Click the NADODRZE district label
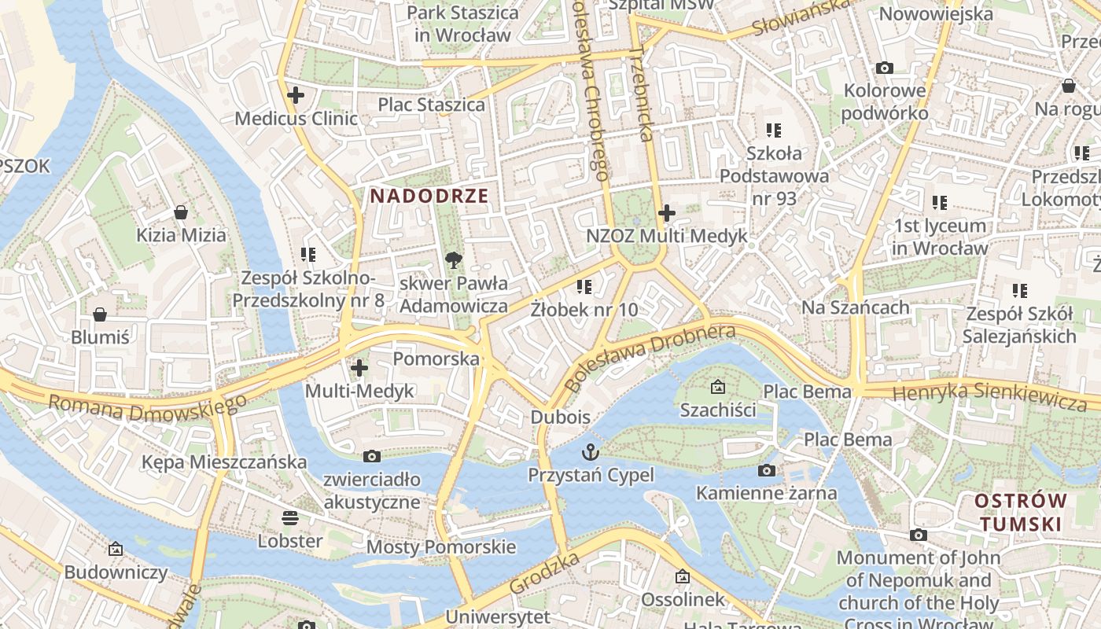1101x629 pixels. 429,196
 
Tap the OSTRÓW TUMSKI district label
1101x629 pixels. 1021,512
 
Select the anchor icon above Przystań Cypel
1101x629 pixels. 590,452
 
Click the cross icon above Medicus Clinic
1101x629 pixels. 296,96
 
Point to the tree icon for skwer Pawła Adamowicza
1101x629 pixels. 453,260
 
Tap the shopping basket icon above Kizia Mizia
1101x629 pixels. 181,212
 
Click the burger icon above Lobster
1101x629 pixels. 290,518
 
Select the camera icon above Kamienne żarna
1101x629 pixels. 766,471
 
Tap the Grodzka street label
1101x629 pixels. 544,573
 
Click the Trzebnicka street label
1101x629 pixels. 643,93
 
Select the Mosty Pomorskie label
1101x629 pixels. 441,547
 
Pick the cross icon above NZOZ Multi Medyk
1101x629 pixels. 667,213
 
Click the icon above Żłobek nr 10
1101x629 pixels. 584,287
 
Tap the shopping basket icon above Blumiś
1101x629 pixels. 100,314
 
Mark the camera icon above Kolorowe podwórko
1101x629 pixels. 885,68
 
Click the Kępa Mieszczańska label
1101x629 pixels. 224,462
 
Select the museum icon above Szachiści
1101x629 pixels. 717,387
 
